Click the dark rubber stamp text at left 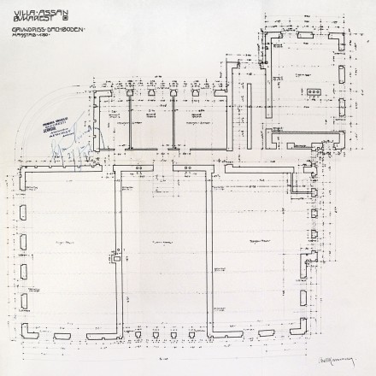[x=56, y=127]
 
